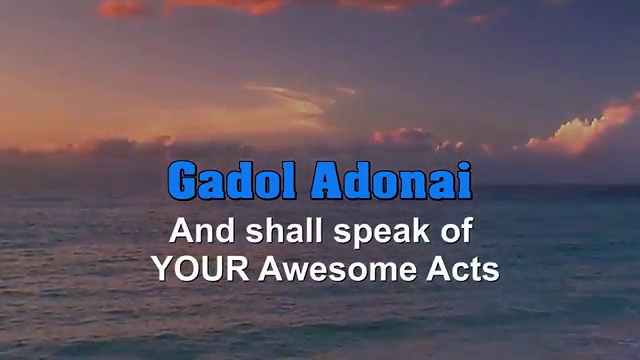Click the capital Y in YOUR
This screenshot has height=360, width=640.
[x=163, y=270]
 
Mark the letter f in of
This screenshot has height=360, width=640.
[x=466, y=232]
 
